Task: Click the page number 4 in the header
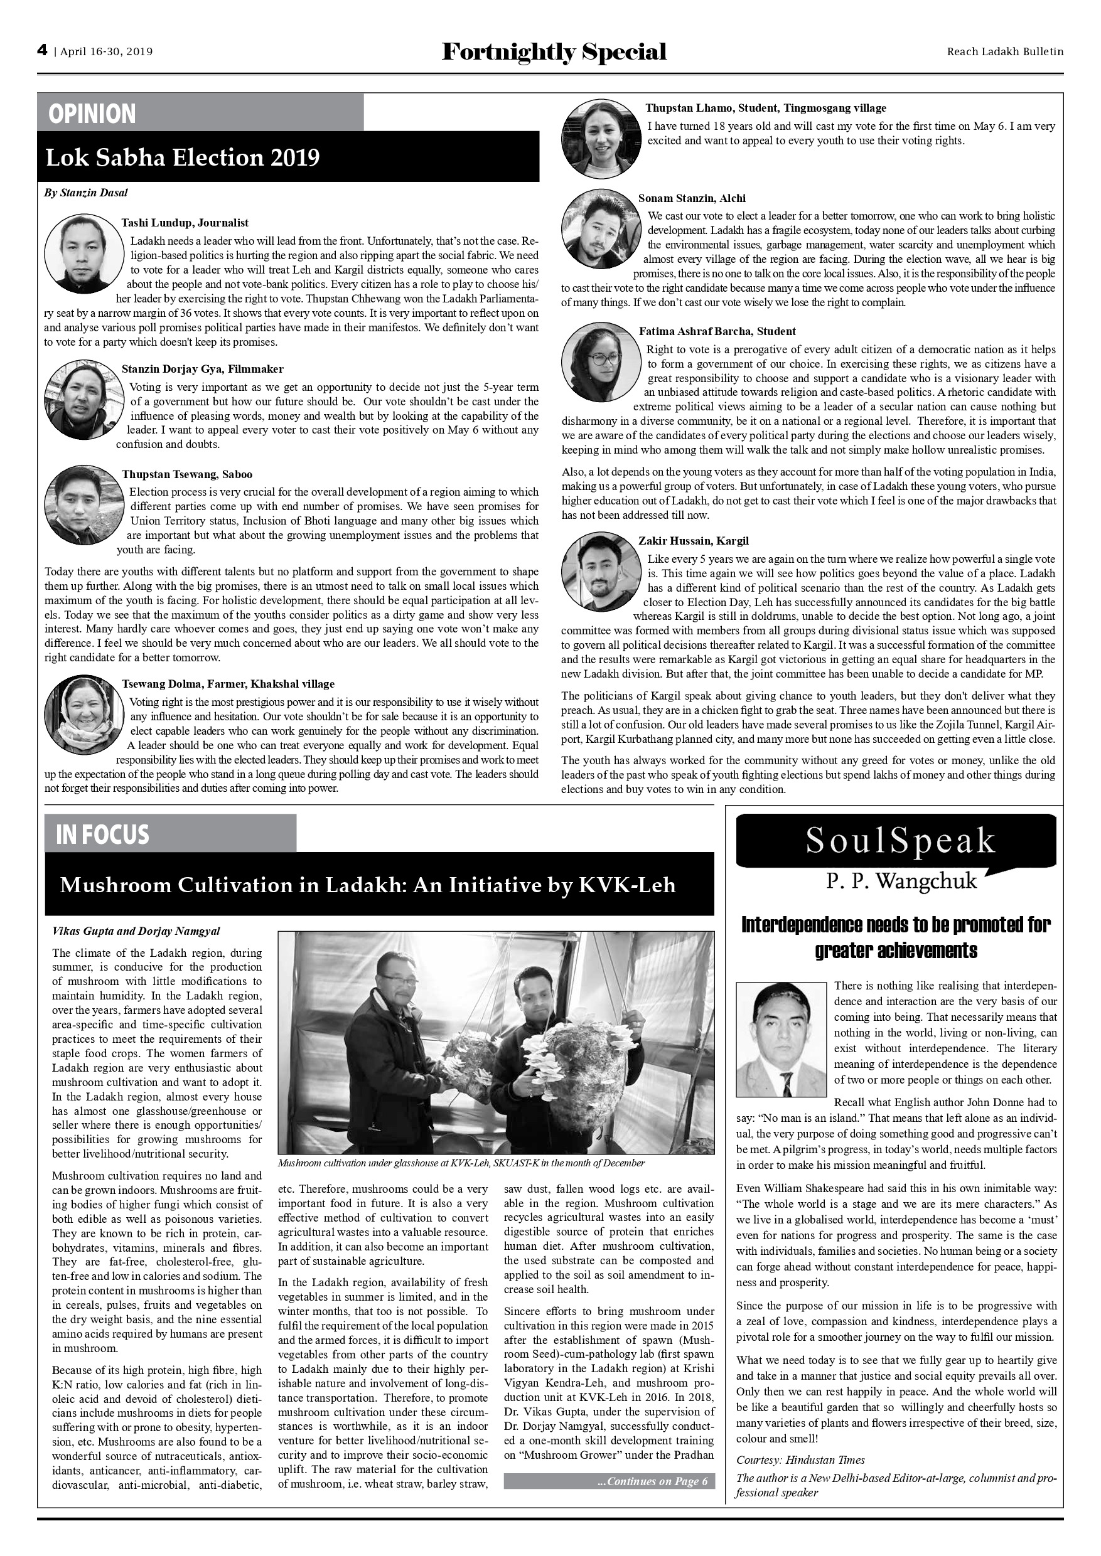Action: tap(42, 51)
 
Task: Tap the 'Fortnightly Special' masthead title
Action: tap(554, 51)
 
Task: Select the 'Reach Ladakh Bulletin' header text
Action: tap(1005, 51)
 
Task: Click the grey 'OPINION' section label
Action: tap(92, 113)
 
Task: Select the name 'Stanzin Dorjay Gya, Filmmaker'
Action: tap(202, 369)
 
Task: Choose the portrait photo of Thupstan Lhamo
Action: tap(601, 139)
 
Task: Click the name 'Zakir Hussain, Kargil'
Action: tap(693, 541)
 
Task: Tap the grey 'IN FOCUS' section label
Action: tap(102, 834)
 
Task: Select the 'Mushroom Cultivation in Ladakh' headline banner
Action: tap(368, 885)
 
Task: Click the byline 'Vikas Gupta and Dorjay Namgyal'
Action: tap(136, 931)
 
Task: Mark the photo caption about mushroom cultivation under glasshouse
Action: tap(461, 1163)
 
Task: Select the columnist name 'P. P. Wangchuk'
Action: tap(901, 881)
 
